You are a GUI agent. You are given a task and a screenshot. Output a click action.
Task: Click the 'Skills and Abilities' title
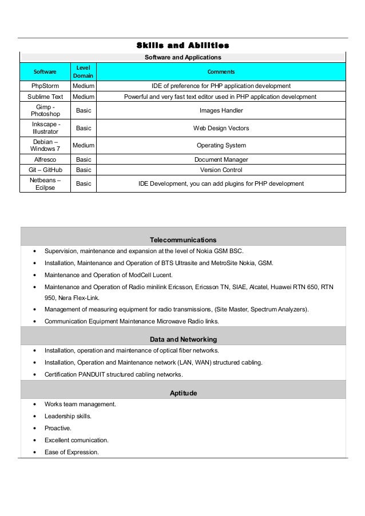pyautogui.click(x=183, y=45)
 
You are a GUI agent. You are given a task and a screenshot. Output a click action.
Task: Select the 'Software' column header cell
pyautogui.click(x=45, y=72)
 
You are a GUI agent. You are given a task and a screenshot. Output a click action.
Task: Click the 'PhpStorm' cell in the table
pyautogui.click(x=45, y=86)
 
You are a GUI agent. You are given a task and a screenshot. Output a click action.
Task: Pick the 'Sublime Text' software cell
pyautogui.click(x=45, y=97)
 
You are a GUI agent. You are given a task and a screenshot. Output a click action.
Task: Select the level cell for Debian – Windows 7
pyautogui.click(x=83, y=145)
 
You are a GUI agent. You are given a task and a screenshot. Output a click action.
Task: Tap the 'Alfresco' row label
pyautogui.click(x=45, y=159)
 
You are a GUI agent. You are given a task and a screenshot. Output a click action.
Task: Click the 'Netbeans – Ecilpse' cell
pyautogui.click(x=45, y=183)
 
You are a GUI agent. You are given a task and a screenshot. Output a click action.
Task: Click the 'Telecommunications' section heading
pyautogui.click(x=182, y=239)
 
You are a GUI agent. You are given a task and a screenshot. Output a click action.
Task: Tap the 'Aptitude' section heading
pyautogui.click(x=182, y=393)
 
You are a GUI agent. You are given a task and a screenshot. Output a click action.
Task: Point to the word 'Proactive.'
pyautogui.click(x=59, y=428)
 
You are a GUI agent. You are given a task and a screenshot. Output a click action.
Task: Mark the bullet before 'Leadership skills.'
pyautogui.click(x=36, y=417)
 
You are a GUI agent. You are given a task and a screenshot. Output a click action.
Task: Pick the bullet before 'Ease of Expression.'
pyautogui.click(x=36, y=452)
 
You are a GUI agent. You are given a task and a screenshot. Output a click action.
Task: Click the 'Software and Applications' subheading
pyautogui.click(x=183, y=57)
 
